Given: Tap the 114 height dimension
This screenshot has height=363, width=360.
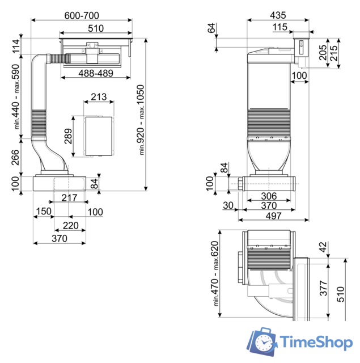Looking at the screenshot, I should coord(16,47).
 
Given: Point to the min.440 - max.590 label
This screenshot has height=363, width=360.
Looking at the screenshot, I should coord(16,97).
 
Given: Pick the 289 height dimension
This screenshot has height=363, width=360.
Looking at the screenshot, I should coord(68,136).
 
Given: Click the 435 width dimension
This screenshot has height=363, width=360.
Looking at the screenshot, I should coord(278,16).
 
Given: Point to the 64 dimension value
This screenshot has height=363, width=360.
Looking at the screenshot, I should coord(212,28).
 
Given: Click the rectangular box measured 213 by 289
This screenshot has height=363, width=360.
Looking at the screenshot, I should coord(99,136).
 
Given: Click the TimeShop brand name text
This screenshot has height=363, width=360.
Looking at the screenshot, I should coord(316,341).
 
